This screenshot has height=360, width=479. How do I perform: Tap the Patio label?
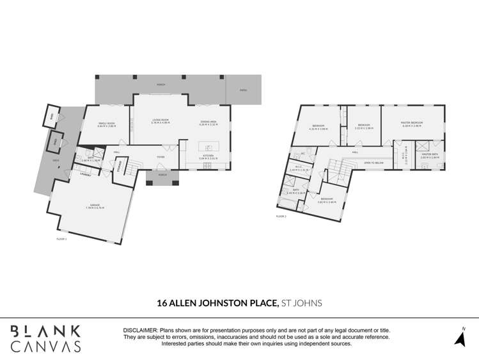[243, 90]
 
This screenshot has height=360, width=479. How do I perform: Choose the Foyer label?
[161, 156]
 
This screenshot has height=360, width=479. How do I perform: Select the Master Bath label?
[429, 155]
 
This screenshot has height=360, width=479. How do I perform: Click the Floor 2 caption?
[281, 217]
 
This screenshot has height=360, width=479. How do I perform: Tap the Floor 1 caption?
[61, 238]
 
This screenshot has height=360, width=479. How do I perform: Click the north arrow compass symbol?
[459, 336]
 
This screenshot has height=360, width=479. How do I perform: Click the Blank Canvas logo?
[45, 338]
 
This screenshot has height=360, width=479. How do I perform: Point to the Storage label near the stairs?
[120, 166]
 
